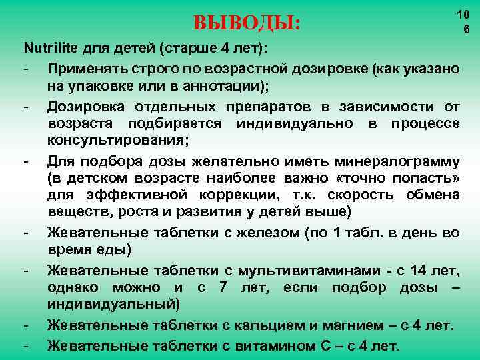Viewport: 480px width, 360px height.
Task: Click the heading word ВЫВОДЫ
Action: (247, 25)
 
